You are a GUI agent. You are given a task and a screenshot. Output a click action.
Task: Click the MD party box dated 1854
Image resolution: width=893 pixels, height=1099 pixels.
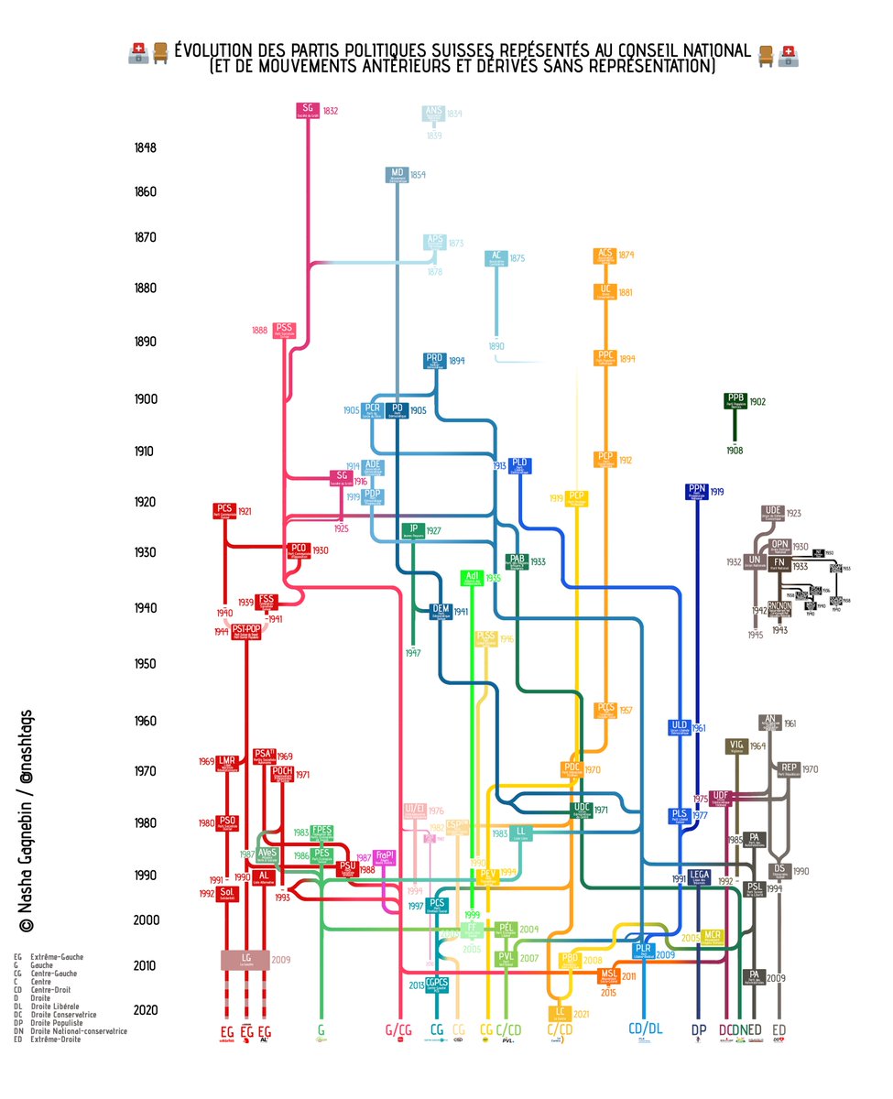[397, 175]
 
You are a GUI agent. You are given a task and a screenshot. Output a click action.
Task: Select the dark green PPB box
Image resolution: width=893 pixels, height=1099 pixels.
[735, 401]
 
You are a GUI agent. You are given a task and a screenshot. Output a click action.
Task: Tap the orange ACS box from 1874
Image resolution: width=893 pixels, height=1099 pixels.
[604, 256]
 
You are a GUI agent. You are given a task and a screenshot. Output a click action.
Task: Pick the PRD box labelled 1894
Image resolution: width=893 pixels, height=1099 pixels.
[434, 361]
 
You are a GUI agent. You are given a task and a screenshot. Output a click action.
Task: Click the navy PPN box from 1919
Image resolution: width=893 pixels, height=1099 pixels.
[697, 492]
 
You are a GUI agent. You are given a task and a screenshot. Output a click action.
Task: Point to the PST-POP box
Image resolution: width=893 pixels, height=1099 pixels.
[245, 631]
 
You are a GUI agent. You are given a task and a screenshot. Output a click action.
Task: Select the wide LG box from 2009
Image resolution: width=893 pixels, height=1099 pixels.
[245, 959]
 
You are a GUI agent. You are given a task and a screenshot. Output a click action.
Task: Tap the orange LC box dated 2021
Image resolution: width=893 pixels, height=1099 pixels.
[558, 1014]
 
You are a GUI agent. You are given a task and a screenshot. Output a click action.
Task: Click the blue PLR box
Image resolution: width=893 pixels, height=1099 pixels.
[644, 950]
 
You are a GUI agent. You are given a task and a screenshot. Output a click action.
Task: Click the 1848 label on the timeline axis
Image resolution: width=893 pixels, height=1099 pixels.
[146, 147]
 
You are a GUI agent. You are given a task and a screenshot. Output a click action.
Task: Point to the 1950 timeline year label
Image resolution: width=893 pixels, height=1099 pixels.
[146, 664]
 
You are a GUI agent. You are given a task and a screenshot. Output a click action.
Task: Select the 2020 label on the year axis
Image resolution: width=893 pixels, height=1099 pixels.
[146, 1010]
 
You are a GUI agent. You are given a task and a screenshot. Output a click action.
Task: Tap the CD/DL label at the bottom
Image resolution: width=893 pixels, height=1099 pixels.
[646, 1029]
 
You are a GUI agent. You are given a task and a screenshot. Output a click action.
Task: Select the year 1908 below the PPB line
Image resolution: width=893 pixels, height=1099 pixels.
[735, 451]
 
